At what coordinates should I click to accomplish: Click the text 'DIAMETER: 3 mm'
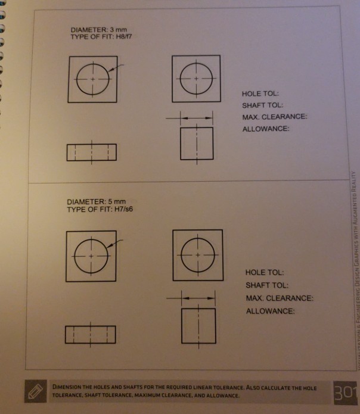tap(95, 30)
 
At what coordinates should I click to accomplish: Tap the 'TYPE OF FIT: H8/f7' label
tap(100, 37)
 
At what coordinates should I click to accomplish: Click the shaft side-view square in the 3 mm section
tap(197, 142)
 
